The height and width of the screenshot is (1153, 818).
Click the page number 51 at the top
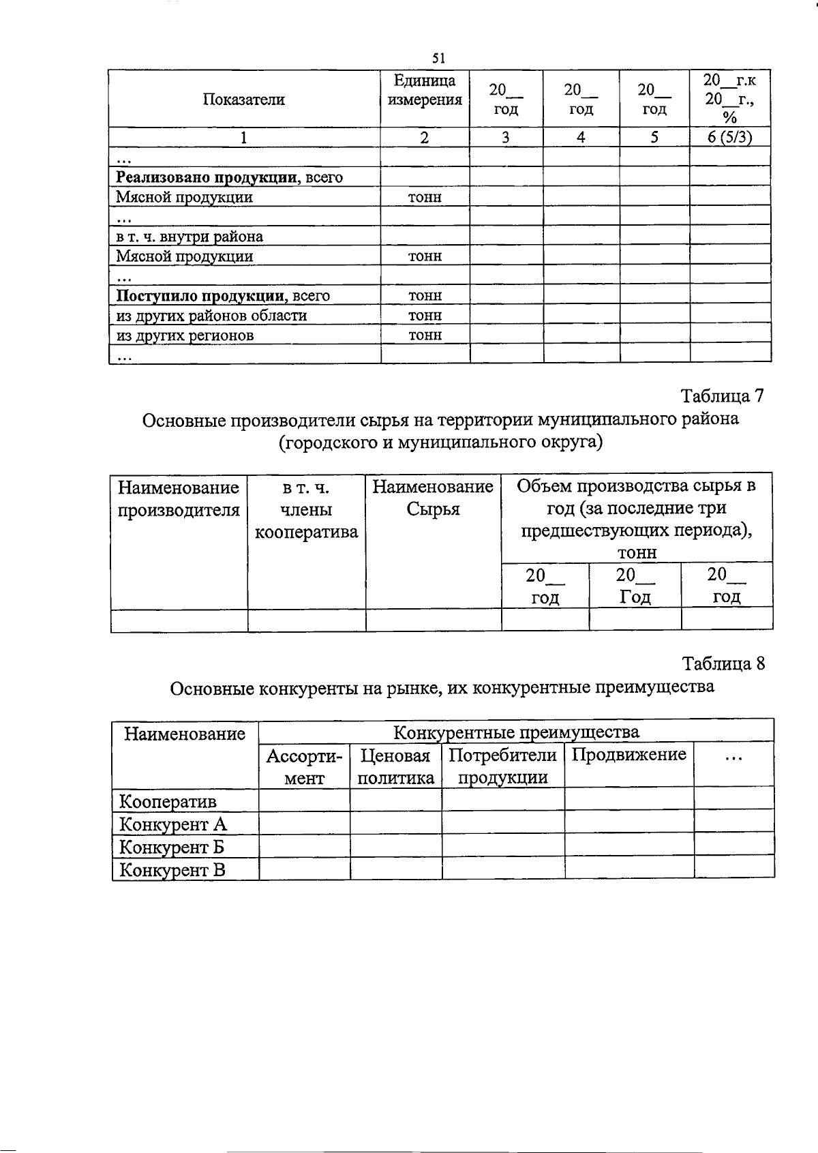(x=439, y=59)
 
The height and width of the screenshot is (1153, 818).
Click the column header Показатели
(x=243, y=100)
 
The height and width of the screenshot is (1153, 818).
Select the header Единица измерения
(x=425, y=90)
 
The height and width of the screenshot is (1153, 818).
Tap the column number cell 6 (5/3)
(x=729, y=137)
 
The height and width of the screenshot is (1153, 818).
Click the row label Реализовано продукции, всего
(x=229, y=177)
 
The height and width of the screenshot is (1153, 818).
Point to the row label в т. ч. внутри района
(x=190, y=237)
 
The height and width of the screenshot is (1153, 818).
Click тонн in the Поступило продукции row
(x=425, y=295)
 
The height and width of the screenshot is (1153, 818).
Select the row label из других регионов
(x=185, y=335)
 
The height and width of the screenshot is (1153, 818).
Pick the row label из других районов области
(x=211, y=315)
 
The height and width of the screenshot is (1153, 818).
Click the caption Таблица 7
(x=723, y=396)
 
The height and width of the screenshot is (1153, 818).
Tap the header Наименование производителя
(x=179, y=498)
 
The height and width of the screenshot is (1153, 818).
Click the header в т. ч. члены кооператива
(x=306, y=510)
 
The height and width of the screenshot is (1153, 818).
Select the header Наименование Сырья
(x=433, y=498)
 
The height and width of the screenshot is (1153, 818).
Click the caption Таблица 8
(x=723, y=663)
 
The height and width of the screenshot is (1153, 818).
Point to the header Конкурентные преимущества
(x=516, y=732)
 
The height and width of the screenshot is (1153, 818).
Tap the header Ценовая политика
(x=395, y=766)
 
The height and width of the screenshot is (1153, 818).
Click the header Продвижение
(x=628, y=755)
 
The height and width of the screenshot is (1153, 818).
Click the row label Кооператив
(x=167, y=801)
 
